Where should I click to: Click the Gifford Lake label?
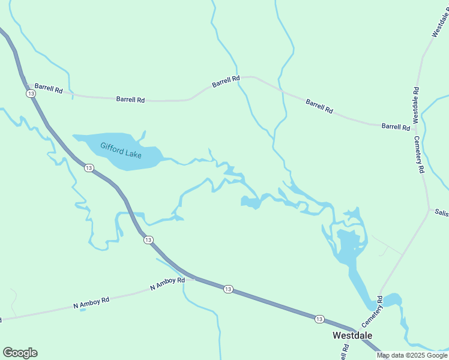click(x=121, y=149)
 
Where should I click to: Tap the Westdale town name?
click(x=352, y=335)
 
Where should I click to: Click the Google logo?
click(x=20, y=353)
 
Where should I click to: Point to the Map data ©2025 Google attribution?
click(x=411, y=355)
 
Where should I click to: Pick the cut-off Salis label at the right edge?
click(x=442, y=212)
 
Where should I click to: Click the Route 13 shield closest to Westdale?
click(x=319, y=319)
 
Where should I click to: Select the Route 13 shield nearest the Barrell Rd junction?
click(x=30, y=94)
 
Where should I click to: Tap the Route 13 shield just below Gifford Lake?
click(x=89, y=168)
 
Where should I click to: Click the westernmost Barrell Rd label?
click(x=49, y=89)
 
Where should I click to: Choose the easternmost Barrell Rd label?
click(x=396, y=126)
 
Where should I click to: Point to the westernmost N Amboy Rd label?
click(x=91, y=302)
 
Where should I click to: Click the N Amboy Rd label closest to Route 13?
click(x=167, y=284)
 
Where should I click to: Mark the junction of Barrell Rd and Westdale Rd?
click(x=416, y=127)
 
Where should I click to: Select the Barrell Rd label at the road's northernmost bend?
click(x=226, y=79)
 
